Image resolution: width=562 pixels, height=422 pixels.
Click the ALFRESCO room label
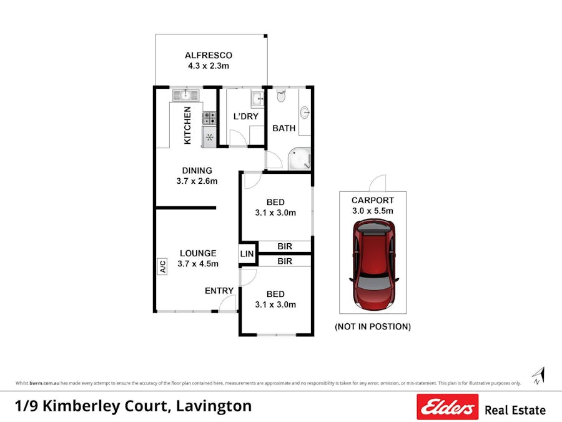(208, 56)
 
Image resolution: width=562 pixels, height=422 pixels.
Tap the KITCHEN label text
(187, 126)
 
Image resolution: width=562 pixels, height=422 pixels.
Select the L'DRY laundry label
(245, 116)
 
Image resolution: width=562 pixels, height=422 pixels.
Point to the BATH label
(283, 128)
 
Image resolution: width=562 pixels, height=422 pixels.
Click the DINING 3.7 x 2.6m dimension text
(197, 181)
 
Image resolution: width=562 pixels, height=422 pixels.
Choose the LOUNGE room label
(198, 253)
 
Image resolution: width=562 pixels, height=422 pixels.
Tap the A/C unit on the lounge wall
(162, 267)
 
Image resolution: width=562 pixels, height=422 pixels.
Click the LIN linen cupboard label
(247, 254)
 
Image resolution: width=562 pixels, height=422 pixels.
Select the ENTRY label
(219, 291)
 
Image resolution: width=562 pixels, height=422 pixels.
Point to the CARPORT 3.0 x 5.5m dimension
(372, 211)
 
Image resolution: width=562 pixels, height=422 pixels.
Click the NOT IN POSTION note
(373, 326)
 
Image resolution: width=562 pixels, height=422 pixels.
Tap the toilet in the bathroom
(281, 96)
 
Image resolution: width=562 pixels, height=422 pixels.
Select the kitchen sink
(185, 96)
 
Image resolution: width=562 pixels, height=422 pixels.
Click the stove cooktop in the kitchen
(209, 117)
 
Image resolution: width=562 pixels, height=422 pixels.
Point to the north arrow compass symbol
(538, 376)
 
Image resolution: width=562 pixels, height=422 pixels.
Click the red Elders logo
(448, 407)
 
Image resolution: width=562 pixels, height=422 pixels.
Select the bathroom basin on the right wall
(304, 113)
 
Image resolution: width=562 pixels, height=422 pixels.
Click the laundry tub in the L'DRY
(257, 99)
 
